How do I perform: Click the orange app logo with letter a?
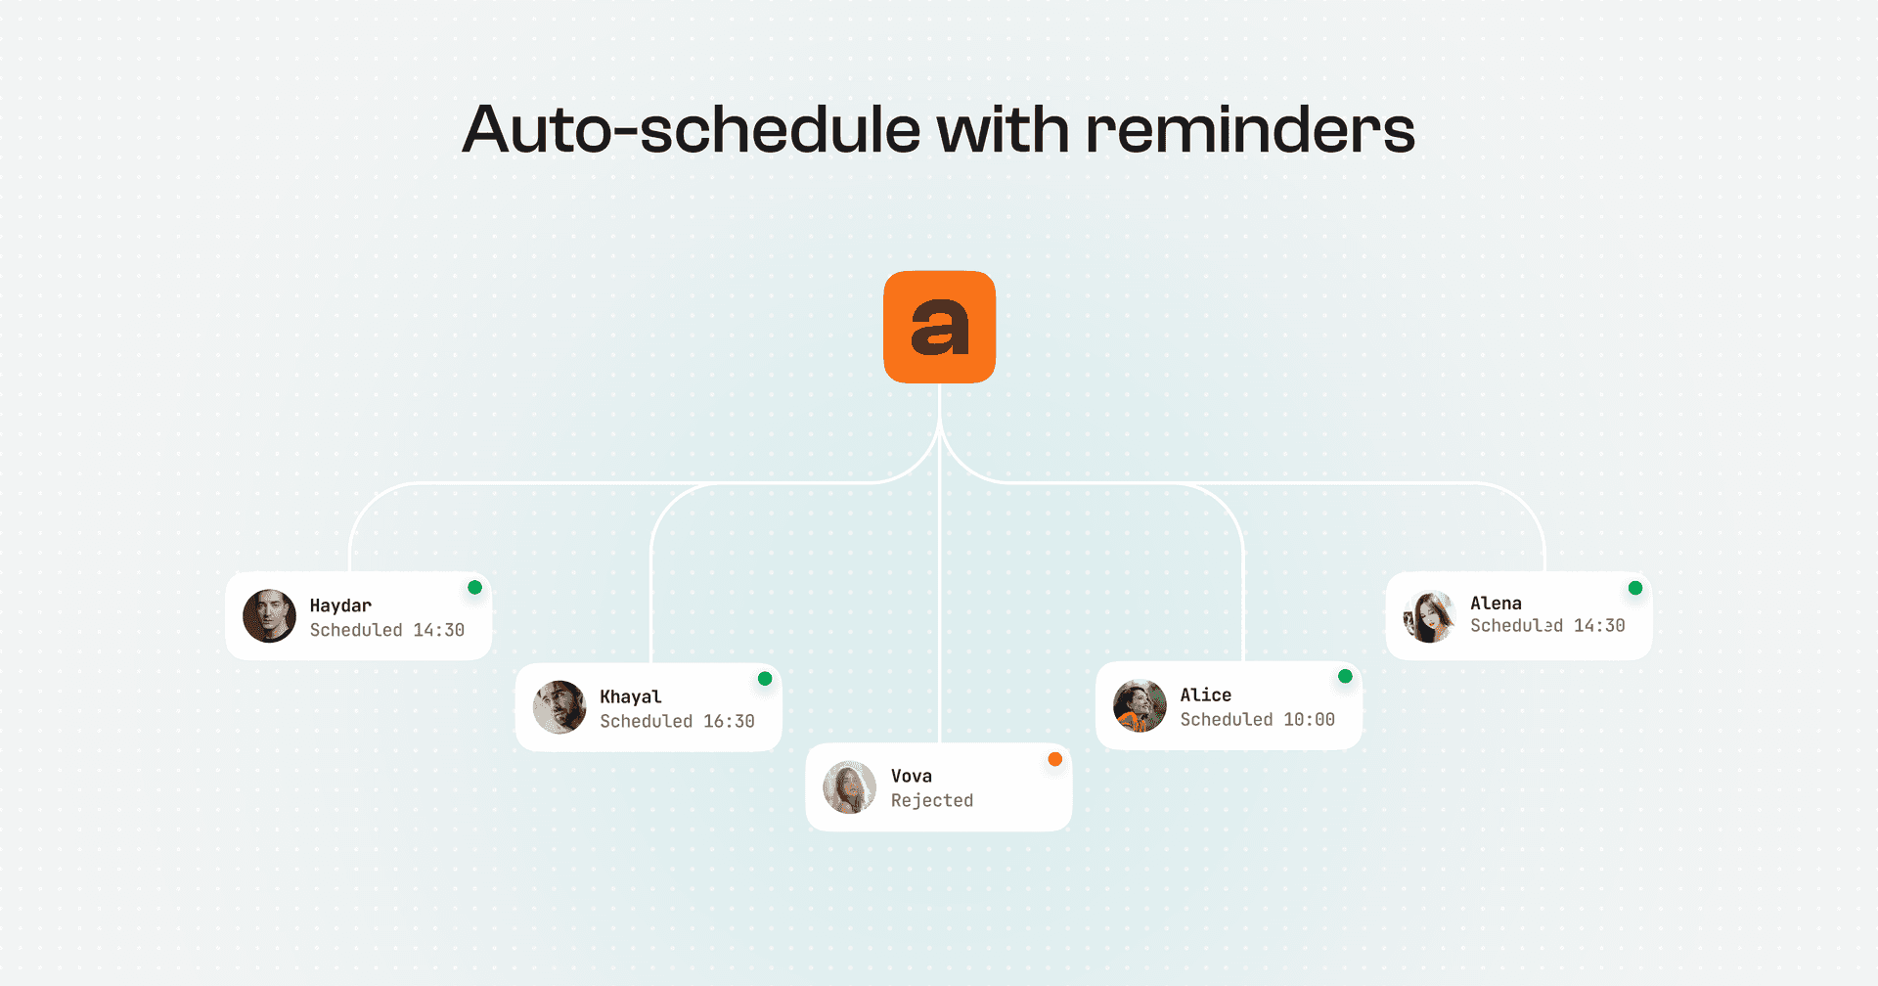939,327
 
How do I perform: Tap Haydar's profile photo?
269,615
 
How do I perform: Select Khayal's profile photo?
559,707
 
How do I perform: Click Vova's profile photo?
849,787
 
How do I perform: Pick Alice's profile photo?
1140,706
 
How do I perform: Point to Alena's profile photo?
1429,617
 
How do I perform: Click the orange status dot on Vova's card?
1054,759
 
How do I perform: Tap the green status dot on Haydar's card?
474,587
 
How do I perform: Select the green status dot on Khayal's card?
765,678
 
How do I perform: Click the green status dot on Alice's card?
1345,676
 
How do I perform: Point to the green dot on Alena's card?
1635,588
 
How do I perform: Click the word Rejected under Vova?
932,801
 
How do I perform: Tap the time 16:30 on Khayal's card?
729,721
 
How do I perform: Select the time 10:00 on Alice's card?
1309,720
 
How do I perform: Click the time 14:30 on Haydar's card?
438,630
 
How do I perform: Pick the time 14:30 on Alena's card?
1599,626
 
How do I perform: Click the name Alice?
1205,695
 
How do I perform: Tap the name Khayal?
631,696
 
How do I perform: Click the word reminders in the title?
1250,129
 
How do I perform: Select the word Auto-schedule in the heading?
692,129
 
